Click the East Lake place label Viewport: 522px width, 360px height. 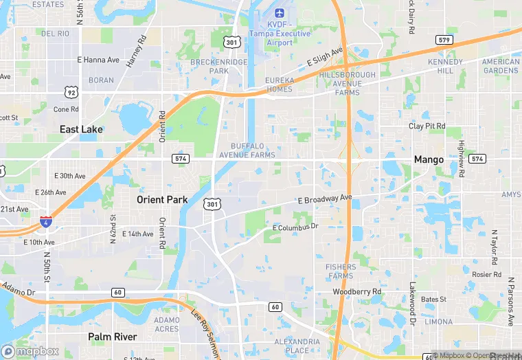(81, 129)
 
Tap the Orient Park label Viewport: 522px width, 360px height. (162, 200)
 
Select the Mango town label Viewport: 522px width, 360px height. (429, 159)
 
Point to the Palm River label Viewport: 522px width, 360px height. (112, 337)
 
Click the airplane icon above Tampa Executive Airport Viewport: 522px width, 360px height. (279, 13)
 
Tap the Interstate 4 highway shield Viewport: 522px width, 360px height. (45, 222)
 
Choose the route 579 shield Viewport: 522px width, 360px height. (444, 40)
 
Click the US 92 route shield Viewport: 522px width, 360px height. (71, 91)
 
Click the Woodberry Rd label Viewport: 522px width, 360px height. (356, 292)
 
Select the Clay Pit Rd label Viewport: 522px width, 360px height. (427, 126)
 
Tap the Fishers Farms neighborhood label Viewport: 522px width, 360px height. (341, 271)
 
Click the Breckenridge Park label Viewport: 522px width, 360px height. (219, 66)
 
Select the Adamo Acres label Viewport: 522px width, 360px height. (167, 324)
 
